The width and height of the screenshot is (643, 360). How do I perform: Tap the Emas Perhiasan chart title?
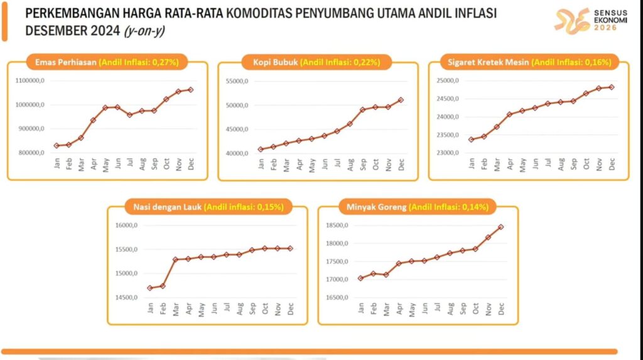pyautogui.click(x=106, y=62)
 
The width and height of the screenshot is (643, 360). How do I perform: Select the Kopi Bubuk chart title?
pyautogui.click(x=318, y=62)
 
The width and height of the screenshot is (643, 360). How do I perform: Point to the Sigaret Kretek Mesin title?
pyautogui.click(x=529, y=62)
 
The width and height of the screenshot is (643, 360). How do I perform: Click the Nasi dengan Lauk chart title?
pyautogui.click(x=207, y=207)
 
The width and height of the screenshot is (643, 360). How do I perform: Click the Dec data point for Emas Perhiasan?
pyautogui.click(x=191, y=90)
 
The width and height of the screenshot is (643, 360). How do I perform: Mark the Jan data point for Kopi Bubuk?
pyautogui.click(x=261, y=150)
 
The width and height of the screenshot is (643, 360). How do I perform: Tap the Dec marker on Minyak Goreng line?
pyautogui.click(x=501, y=227)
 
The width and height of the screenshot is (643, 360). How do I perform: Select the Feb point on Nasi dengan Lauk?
pyautogui.click(x=163, y=286)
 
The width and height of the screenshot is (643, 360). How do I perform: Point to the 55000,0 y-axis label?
pyautogui.click(x=237, y=81)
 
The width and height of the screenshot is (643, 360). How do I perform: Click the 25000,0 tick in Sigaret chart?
pyautogui.click(x=448, y=81)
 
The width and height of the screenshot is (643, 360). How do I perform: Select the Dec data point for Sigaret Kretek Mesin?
pyautogui.click(x=611, y=87)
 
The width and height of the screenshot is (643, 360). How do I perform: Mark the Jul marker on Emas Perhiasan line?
pyautogui.click(x=130, y=115)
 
